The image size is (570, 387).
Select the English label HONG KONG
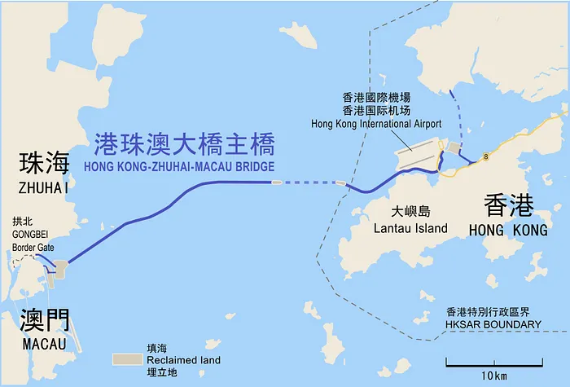[508, 231]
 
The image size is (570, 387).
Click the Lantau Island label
[410, 228]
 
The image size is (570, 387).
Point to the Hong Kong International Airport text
[376, 124]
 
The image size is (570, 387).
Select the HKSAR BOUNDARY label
[493, 324]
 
